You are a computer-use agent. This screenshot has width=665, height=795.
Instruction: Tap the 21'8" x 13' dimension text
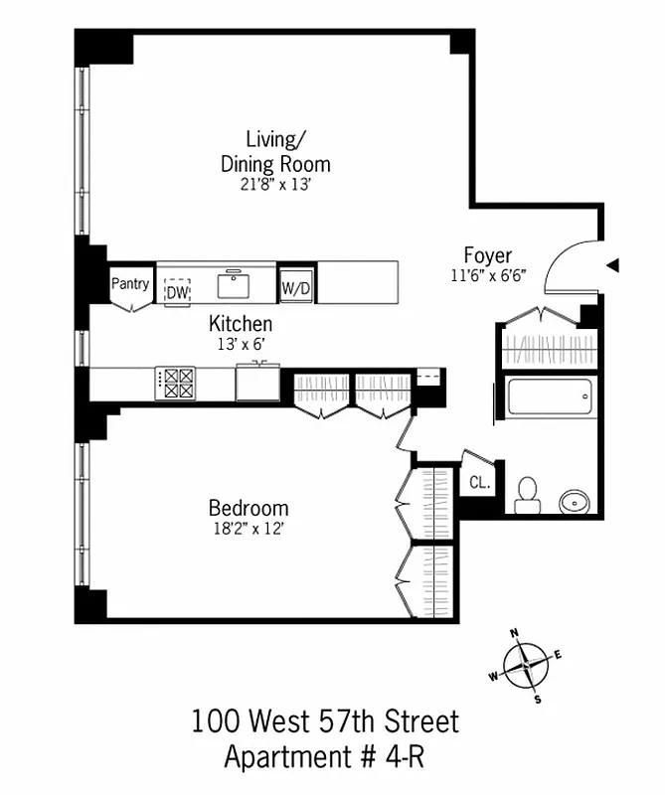point(273,185)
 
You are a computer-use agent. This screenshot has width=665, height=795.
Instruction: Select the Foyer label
point(487,255)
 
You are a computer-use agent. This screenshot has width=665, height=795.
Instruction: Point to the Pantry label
point(130,284)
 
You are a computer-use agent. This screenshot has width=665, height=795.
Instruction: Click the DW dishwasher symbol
point(177,291)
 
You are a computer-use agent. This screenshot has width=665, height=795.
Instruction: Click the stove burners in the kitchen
point(178,384)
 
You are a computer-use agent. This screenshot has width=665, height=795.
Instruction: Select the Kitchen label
point(240,324)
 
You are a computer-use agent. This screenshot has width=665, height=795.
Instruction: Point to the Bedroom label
point(249,508)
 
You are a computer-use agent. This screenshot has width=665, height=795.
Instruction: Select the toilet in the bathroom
point(528,494)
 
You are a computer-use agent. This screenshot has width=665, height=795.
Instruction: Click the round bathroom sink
point(575,501)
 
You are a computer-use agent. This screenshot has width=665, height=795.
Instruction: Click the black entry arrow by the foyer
point(613,265)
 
